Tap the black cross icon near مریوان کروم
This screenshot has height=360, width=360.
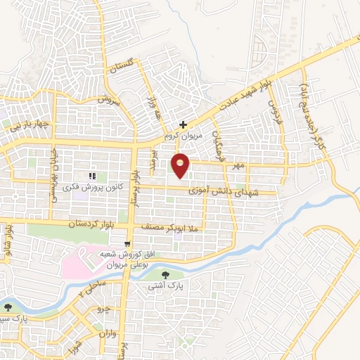point(183,124)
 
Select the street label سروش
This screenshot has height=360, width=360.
point(105,101)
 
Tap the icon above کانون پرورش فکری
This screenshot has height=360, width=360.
point(91,176)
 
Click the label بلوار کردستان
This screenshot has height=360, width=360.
point(70,224)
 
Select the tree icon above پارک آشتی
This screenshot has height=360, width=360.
point(165,275)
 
